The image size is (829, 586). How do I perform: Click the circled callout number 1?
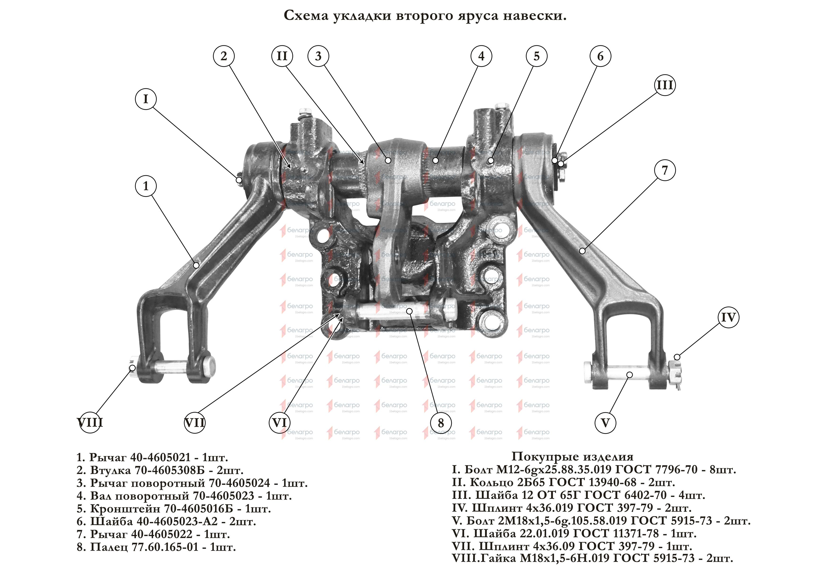(146, 186)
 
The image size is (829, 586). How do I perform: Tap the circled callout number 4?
(481, 56)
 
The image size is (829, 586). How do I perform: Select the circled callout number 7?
(665, 170)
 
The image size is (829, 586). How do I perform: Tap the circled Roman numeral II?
(282, 56)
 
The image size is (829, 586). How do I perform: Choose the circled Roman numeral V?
(605, 423)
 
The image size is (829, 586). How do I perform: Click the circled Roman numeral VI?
(280, 423)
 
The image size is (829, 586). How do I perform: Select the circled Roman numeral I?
(146, 99)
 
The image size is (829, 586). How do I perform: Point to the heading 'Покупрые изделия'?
(572, 456)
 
